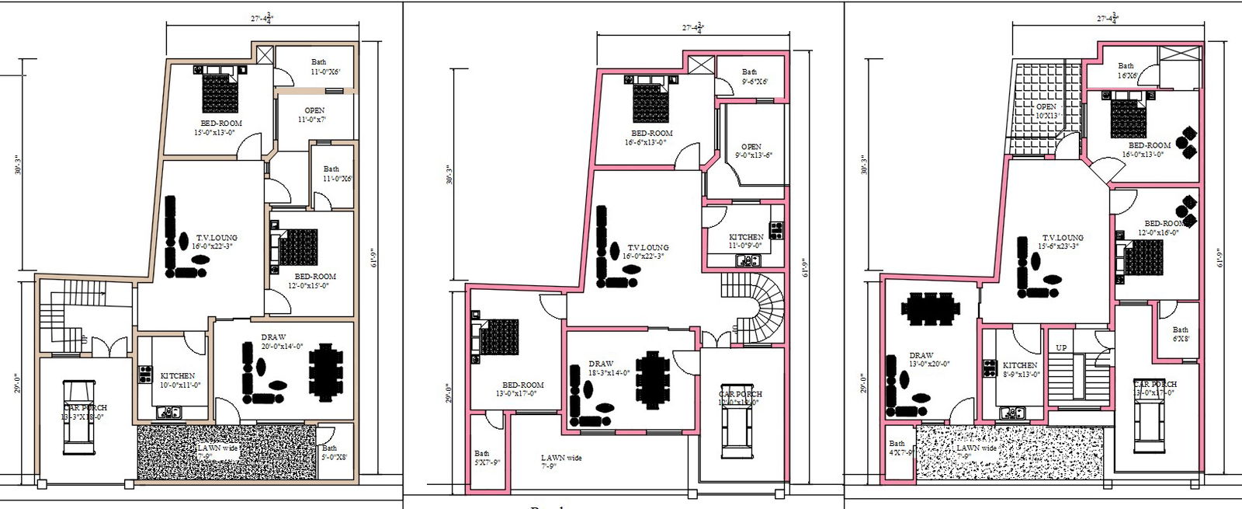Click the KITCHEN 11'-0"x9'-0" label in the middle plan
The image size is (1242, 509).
click(745, 241)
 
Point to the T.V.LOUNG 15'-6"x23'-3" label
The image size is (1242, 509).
click(1062, 242)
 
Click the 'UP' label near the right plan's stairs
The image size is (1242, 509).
click(1061, 347)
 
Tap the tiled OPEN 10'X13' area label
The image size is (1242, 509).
click(1047, 111)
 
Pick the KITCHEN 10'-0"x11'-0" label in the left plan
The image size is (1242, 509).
click(179, 380)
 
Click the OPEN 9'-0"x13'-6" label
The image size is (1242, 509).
click(752, 151)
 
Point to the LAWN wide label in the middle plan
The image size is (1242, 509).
click(560, 462)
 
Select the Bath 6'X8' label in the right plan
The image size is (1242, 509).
click(1180, 334)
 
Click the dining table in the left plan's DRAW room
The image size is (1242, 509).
click(325, 372)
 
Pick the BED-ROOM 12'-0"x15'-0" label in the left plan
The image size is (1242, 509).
click(314, 281)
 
